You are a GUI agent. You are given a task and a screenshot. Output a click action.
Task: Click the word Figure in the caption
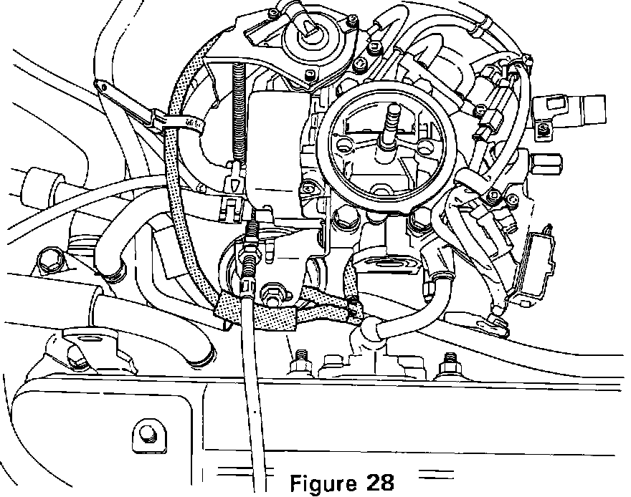click(x=323, y=481)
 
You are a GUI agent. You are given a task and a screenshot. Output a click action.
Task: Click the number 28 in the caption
click(x=377, y=481)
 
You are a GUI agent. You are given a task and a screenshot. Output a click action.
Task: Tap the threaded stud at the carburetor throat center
click(x=392, y=126)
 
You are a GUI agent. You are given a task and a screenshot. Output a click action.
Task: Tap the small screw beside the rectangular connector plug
click(x=546, y=128)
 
